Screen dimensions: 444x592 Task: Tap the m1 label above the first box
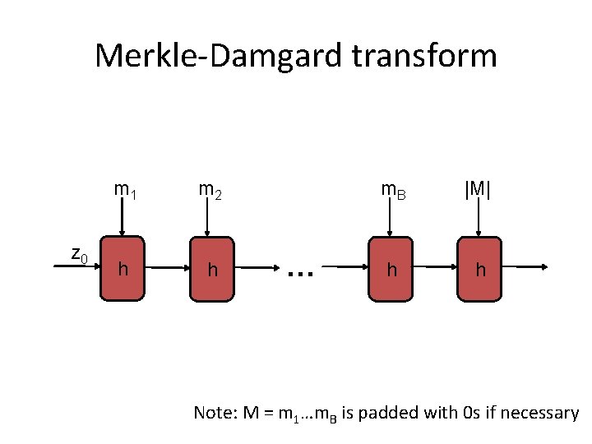pos(125,191)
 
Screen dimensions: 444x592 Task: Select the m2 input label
pos(210,191)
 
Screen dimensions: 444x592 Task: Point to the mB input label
pos(393,191)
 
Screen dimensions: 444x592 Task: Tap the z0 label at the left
pos(79,255)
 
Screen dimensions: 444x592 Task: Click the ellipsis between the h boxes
pos(302,267)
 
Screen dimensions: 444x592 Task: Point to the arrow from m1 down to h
pos(123,218)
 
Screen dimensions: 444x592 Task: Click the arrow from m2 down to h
pos(210,218)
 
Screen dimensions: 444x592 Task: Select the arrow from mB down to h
pos(390,218)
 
